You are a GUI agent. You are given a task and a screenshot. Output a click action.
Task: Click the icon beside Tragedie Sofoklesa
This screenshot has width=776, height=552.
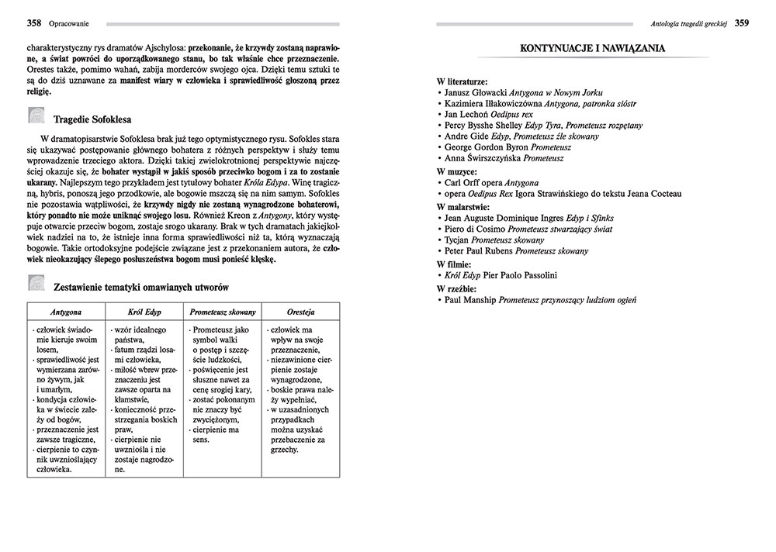36,118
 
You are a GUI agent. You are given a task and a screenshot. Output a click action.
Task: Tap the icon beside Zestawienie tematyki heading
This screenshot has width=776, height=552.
36,285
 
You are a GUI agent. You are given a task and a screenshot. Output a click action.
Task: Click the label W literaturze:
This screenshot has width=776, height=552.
462,81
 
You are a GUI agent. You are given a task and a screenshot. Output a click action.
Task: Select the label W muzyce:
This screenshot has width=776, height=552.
457,171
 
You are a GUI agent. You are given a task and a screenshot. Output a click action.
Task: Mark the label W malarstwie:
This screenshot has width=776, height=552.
463,207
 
